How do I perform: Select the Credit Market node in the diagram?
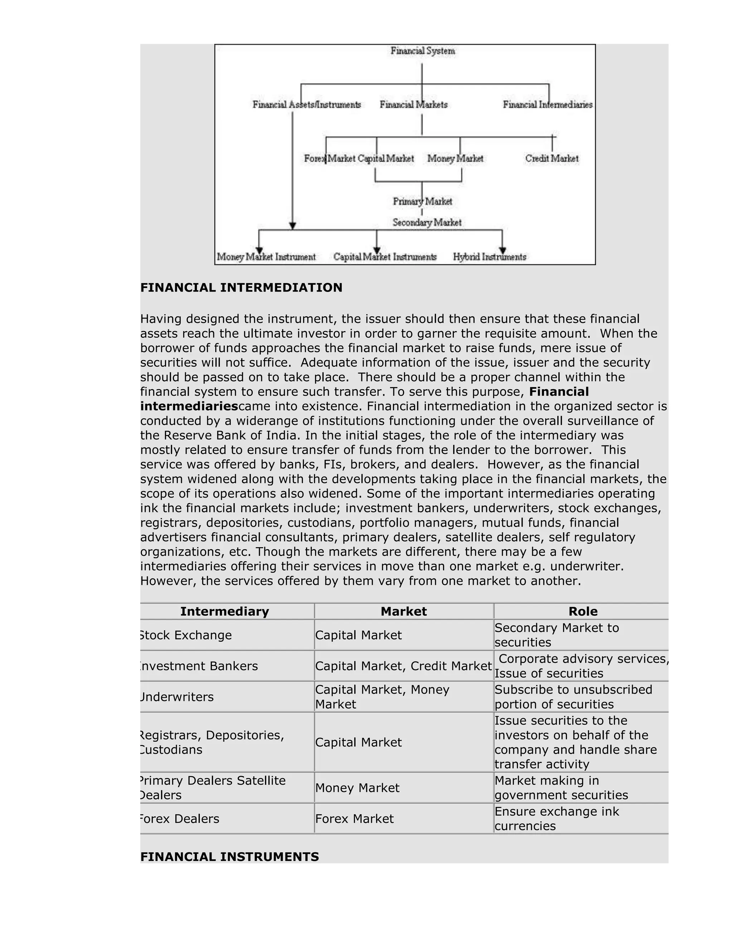[x=552, y=158]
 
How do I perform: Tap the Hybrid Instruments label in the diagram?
[x=489, y=257]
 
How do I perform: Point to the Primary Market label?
[x=422, y=201]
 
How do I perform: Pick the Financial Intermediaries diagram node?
[x=548, y=104]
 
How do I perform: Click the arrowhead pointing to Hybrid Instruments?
[x=503, y=250]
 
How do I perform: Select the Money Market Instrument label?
[x=266, y=257]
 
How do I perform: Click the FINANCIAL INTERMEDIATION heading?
[x=242, y=287]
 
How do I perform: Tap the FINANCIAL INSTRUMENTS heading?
[x=230, y=856]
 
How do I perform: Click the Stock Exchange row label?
[x=186, y=635]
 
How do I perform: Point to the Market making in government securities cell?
[x=561, y=788]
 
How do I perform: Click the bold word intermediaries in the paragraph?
[x=189, y=406]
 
